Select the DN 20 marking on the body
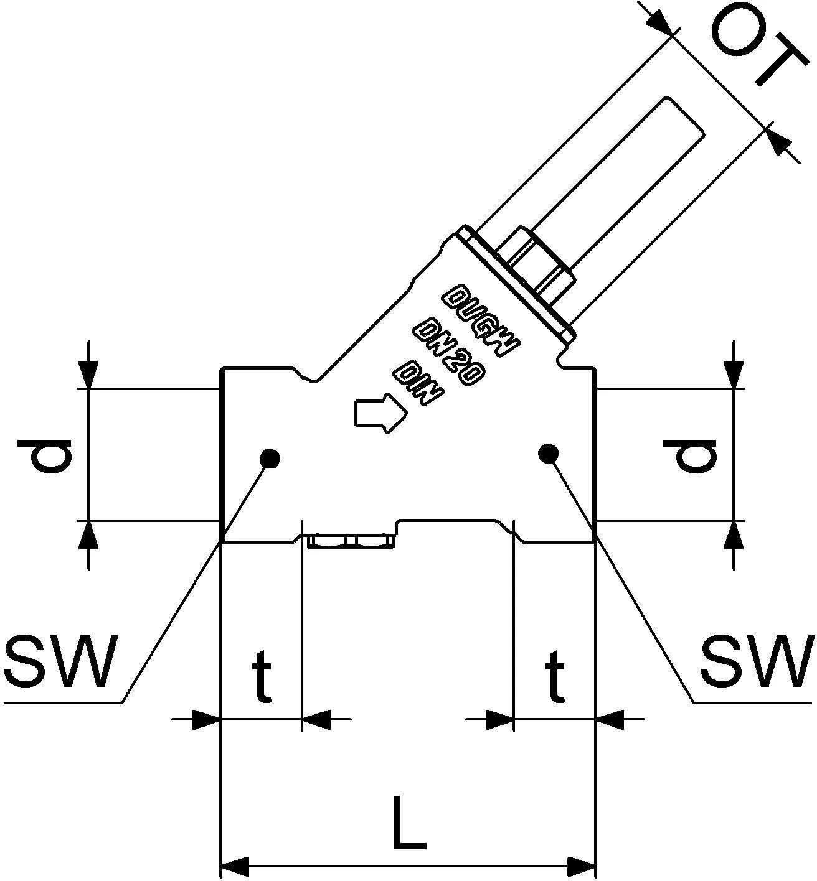click(x=450, y=352)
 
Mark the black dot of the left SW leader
click(x=270, y=459)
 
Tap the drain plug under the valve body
click(x=350, y=542)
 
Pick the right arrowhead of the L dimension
click(x=582, y=865)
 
